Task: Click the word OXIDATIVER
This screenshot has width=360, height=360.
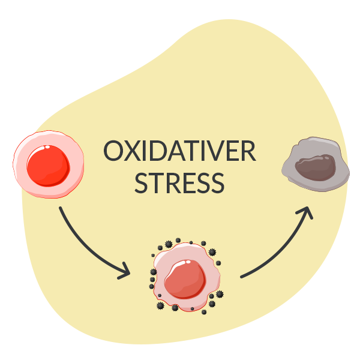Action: tap(179, 152)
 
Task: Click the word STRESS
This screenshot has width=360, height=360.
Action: tap(179, 183)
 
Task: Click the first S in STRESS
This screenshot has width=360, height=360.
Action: tap(141, 183)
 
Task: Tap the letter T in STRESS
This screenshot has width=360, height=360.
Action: tap(157, 183)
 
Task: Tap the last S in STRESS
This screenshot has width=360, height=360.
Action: tap(217, 183)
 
